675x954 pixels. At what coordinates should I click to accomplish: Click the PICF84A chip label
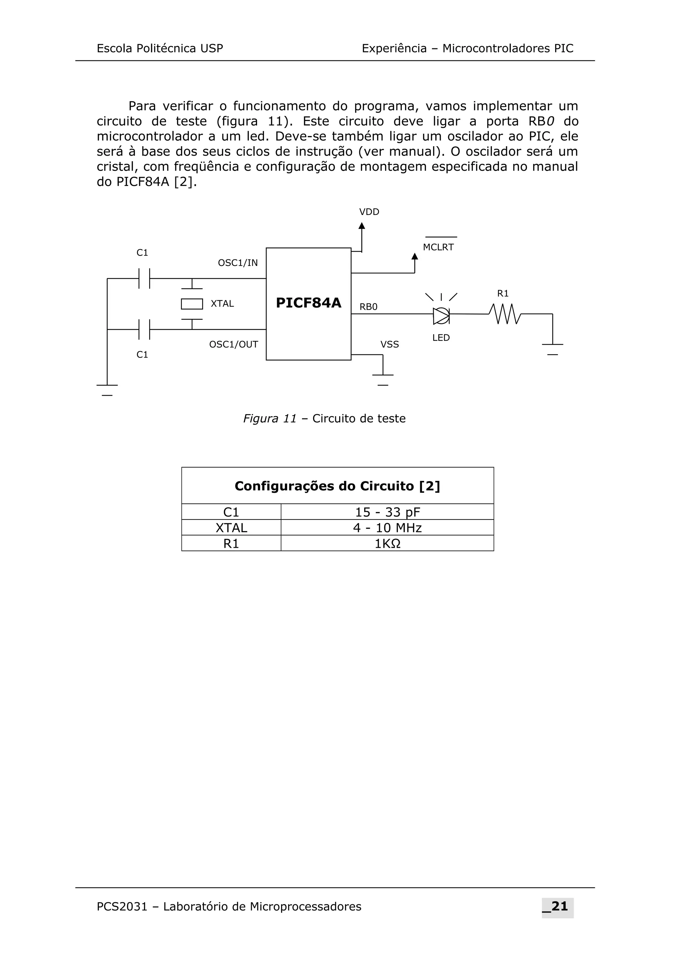point(308,303)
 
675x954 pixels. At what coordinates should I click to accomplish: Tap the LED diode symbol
point(441,316)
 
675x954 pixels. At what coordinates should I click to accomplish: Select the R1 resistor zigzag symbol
point(505,314)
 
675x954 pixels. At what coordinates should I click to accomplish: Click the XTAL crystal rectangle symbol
point(192,304)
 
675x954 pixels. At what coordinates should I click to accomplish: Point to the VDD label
point(369,212)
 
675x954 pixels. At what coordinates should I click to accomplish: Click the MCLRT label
point(438,247)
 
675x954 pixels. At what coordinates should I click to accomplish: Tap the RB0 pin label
point(368,307)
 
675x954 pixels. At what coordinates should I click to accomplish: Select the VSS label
point(389,344)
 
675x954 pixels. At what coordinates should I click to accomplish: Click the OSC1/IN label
point(238,263)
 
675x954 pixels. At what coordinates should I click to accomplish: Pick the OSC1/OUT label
point(233,344)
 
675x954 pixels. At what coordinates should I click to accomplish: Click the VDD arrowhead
point(362,225)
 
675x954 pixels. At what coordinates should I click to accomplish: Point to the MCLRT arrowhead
point(415,256)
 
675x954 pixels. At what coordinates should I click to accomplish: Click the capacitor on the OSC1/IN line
point(144,278)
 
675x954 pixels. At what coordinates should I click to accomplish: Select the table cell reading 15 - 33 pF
point(387,512)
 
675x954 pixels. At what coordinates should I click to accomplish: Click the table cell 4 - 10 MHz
point(387,528)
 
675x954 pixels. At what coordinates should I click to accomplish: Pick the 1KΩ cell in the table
point(387,543)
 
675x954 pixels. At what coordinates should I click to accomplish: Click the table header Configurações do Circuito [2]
point(337,486)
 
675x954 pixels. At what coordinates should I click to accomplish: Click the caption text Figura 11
point(270,418)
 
